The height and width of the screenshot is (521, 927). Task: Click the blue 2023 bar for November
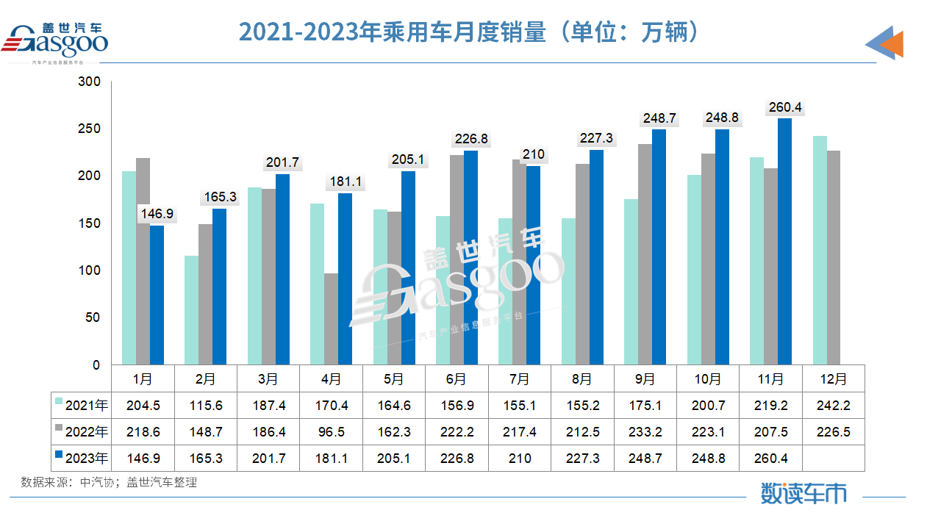click(x=784, y=242)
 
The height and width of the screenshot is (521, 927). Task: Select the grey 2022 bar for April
click(x=331, y=319)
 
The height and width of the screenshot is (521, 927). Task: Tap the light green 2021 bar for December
click(x=820, y=251)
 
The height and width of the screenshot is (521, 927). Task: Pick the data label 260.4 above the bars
click(x=784, y=107)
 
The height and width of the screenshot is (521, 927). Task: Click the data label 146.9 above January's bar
click(x=157, y=214)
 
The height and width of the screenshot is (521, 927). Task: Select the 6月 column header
click(x=457, y=379)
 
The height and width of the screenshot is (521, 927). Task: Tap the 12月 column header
click(x=833, y=379)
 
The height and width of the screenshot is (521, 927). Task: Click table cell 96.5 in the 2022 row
click(x=331, y=431)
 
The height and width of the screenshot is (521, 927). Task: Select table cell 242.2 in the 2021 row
click(x=833, y=405)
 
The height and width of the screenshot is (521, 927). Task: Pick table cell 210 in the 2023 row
click(x=519, y=458)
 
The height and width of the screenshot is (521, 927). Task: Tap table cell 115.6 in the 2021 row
click(x=206, y=405)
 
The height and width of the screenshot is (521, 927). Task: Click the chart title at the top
click(x=468, y=32)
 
